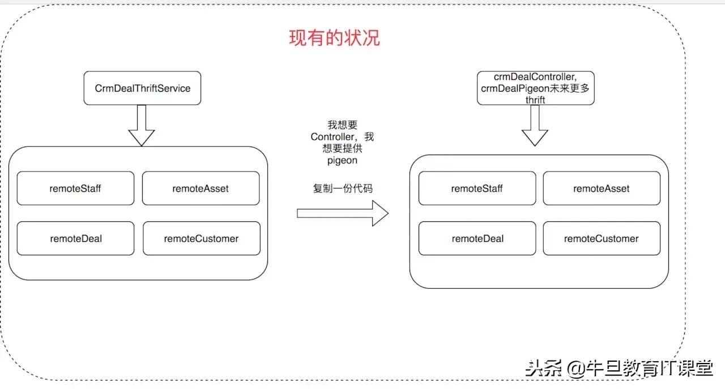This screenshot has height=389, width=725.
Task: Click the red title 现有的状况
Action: (334, 38)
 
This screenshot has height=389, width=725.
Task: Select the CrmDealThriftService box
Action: (142, 88)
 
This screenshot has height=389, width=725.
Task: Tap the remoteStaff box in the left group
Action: (75, 189)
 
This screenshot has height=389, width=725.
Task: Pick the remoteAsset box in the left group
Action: (201, 189)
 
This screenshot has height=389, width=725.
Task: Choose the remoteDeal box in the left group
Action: (75, 238)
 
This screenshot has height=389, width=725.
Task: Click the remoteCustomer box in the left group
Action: (201, 238)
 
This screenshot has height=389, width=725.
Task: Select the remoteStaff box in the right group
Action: (477, 189)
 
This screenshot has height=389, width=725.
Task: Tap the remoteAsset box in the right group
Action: (602, 189)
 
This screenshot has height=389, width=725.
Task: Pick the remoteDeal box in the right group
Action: (477, 238)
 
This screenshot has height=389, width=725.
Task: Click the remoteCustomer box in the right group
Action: (602, 238)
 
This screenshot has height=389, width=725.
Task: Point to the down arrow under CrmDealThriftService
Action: (142, 126)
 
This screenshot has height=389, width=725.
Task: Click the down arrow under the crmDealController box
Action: (535, 126)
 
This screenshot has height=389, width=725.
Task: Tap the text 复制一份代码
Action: (343, 189)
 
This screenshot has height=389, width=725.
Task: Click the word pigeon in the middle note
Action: (342, 161)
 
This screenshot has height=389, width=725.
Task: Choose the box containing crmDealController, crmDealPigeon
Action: (535, 88)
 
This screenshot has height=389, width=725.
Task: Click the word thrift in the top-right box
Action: (535, 100)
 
